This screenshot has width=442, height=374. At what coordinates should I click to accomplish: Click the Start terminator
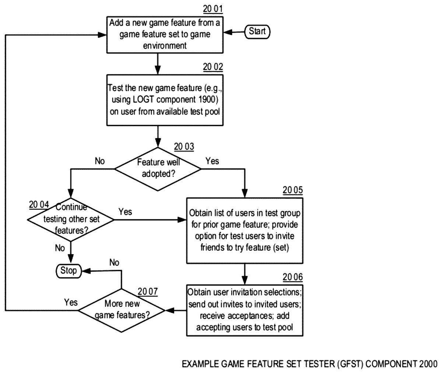point(257,32)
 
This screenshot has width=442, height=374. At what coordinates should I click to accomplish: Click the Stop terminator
point(69,271)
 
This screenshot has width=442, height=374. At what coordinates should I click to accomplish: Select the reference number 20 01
point(213,9)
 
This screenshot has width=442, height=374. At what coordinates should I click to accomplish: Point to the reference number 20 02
point(213,67)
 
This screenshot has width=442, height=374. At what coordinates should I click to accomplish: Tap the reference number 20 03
point(184,147)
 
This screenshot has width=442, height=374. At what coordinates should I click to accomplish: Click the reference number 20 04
point(39,205)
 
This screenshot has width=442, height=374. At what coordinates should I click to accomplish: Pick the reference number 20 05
point(293,190)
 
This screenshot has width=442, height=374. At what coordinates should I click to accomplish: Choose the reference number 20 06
point(293,277)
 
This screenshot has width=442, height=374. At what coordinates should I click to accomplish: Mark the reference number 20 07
point(148,291)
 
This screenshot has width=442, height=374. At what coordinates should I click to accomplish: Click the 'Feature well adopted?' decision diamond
point(158,169)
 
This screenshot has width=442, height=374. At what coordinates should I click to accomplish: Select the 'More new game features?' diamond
point(122,310)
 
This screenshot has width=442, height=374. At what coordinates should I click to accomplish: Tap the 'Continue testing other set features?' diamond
point(71,220)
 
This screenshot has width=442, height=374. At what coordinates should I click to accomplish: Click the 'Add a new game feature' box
point(165,35)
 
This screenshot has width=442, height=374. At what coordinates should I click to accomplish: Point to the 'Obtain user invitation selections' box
point(245,310)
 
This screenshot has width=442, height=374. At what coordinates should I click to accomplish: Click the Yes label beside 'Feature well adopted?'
point(212,161)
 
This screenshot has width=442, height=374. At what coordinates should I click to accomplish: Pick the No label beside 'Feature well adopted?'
point(100,161)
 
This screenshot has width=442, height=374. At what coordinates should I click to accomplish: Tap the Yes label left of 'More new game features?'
point(71,303)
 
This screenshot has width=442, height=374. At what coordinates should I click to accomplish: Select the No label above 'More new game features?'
point(114,262)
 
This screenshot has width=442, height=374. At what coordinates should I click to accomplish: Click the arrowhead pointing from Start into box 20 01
point(228,32)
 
